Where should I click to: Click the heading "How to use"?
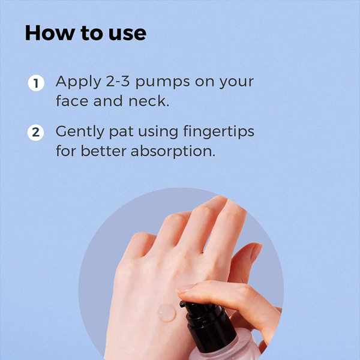(x=85, y=33)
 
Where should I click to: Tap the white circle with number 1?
(x=36, y=83)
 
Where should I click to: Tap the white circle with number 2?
(x=36, y=133)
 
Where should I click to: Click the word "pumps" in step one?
(x=163, y=82)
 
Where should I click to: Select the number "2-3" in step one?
(x=118, y=81)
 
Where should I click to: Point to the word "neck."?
(x=149, y=101)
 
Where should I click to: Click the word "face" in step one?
(x=72, y=101)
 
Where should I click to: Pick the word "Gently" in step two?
(x=80, y=132)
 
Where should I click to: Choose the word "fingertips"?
(x=218, y=132)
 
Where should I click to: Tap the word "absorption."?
(x=173, y=152)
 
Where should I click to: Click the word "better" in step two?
(x=104, y=151)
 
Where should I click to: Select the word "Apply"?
(x=78, y=82)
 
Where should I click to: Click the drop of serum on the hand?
(x=167, y=313)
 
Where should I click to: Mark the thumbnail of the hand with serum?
(x=256, y=253)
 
